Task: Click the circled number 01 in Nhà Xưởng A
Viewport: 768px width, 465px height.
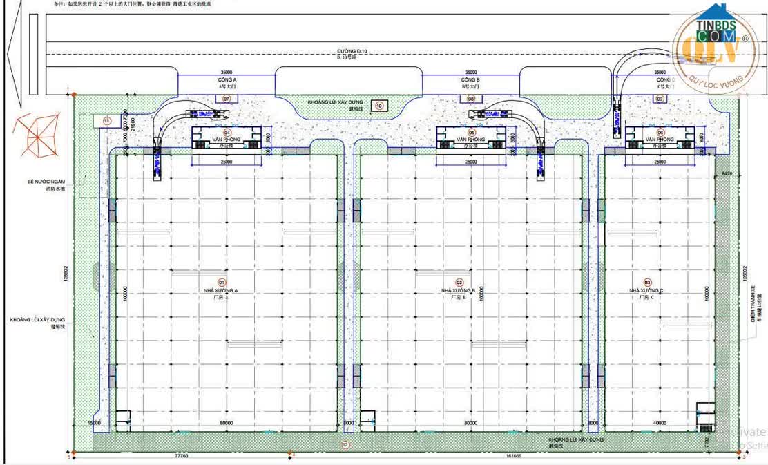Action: tap(222, 283)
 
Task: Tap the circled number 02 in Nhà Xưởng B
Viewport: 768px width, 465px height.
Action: tap(459, 283)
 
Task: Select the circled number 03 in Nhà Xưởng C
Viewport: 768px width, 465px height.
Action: tap(647, 283)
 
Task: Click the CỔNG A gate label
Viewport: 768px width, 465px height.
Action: tap(227, 80)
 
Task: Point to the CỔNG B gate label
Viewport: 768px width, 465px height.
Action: tap(470, 80)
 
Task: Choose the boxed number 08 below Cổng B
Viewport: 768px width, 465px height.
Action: tap(471, 99)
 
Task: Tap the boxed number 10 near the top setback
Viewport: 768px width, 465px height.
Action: tap(378, 106)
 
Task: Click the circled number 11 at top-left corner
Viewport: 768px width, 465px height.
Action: tap(107, 121)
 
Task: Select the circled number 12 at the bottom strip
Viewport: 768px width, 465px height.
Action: tap(345, 445)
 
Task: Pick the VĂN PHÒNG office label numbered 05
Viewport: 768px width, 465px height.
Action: tap(472, 140)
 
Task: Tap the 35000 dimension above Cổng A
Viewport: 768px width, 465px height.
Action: tap(226, 72)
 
